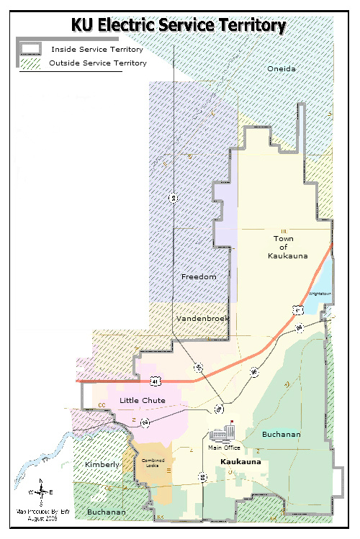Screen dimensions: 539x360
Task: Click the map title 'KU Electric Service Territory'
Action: pyautogui.click(x=179, y=26)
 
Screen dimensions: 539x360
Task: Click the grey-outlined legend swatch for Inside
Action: pyautogui.click(x=31, y=50)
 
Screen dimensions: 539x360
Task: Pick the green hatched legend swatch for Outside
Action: pyautogui.click(x=31, y=63)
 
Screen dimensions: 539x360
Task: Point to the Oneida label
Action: pyautogui.click(x=282, y=68)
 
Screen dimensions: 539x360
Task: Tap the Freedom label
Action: pyautogui.click(x=198, y=277)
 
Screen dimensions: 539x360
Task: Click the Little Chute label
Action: pyautogui.click(x=143, y=400)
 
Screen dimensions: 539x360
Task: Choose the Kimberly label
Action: pyautogui.click(x=102, y=465)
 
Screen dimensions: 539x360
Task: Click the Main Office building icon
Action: pyautogui.click(x=223, y=433)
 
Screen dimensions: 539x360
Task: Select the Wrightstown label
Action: pyautogui.click(x=318, y=294)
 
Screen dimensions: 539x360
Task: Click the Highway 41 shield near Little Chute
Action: pyautogui.click(x=155, y=380)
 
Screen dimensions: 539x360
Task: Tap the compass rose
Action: pyautogui.click(x=41, y=493)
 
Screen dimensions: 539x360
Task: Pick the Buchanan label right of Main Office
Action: pyautogui.click(x=282, y=435)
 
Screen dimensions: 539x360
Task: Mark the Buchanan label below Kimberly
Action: pyautogui.click(x=106, y=512)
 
